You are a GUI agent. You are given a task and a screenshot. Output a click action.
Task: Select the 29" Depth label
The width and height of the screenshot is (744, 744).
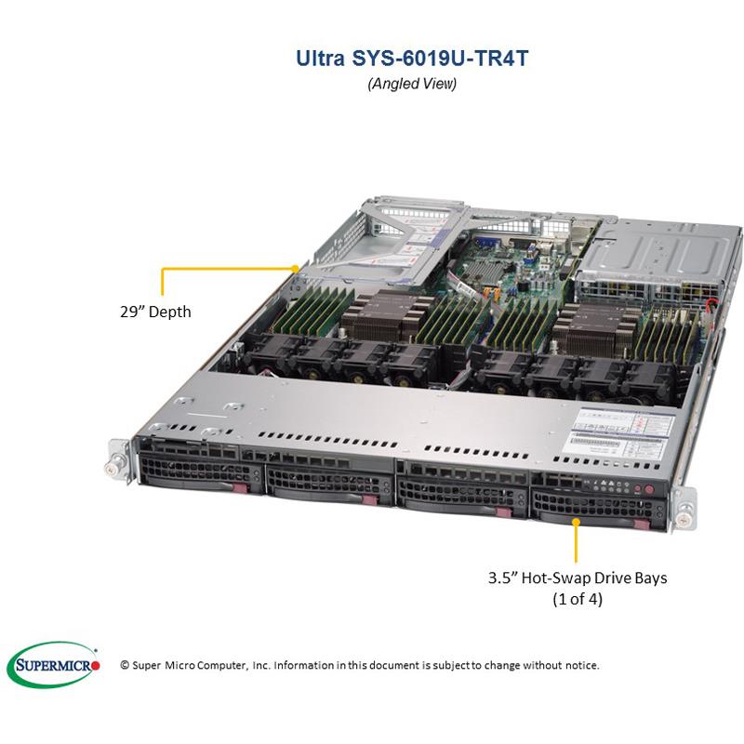[149, 312]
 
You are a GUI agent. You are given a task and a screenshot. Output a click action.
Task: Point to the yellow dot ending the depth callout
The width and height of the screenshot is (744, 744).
[296, 268]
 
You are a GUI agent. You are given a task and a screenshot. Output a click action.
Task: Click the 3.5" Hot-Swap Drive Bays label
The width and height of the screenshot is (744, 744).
[578, 578]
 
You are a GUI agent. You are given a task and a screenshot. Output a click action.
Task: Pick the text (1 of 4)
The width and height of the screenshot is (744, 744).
[578, 600]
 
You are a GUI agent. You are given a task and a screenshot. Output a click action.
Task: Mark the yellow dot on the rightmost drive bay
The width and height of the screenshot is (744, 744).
[578, 521]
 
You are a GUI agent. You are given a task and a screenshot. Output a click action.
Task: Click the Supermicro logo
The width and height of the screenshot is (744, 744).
[53, 664]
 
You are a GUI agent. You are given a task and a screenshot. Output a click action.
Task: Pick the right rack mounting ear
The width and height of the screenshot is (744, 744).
[685, 508]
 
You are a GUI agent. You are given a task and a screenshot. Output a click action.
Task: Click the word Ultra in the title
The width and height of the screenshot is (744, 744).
[319, 59]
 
